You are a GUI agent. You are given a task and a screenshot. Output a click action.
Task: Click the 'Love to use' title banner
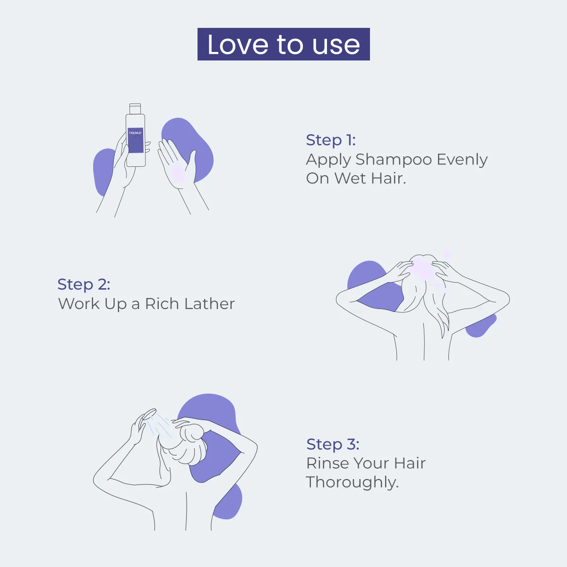pos(283,44)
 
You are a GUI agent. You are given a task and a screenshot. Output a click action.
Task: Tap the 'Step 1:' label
pos(331,140)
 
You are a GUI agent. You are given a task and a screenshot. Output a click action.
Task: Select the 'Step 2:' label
pos(84,284)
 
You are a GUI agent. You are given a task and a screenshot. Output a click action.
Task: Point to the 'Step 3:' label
pos(333,444)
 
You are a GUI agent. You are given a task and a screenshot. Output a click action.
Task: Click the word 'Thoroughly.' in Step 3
pos(352,482)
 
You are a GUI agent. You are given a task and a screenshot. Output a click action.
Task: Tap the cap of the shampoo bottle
pos(135,109)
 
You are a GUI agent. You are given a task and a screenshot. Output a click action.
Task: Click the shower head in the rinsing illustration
pos(150,414)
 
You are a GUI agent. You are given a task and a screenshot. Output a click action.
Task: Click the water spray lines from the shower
pos(161,425)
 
